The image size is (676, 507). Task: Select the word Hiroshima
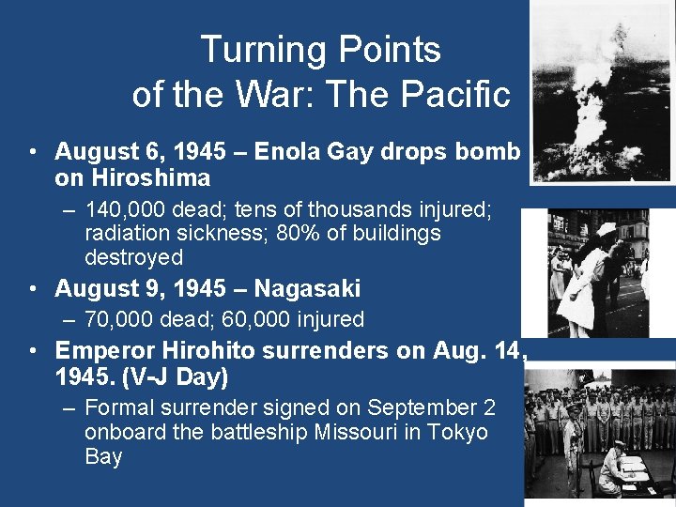click(146, 177)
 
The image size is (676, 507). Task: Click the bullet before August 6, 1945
click(34, 152)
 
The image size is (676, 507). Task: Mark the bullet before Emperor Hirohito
click(34, 352)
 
